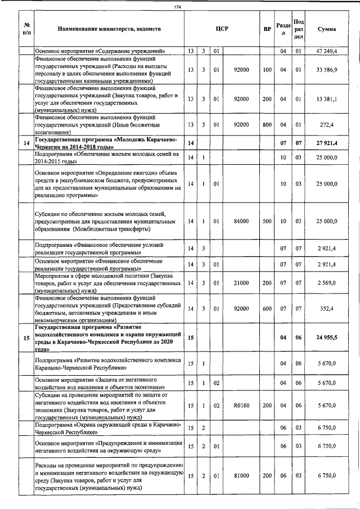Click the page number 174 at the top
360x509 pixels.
[177, 7]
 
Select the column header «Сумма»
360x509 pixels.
[327, 29]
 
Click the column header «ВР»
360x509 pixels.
[267, 29]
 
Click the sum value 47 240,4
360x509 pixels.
[327, 51]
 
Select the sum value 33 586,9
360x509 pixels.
[327, 70]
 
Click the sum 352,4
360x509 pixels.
[327, 308]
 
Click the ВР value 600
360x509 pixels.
[267, 308]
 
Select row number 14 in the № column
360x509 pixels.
[26, 143]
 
